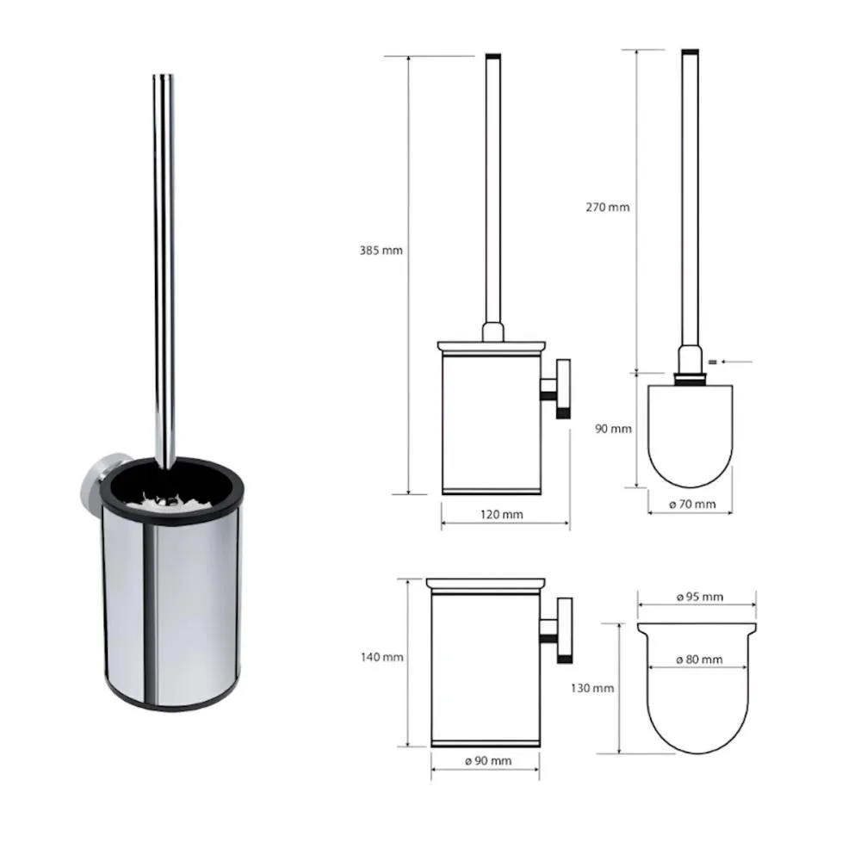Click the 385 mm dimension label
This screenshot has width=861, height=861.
(381, 251)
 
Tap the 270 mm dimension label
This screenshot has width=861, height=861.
(607, 207)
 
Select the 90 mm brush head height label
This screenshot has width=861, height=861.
(613, 428)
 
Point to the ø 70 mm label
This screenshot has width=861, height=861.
(692, 504)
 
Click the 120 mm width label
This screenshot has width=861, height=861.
(502, 515)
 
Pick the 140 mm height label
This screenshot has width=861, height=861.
(382, 657)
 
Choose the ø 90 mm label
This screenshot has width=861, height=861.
(488, 760)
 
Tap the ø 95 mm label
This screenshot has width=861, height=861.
(700, 597)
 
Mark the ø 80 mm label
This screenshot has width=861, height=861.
(699, 659)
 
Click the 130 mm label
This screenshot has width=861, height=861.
(592, 688)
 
